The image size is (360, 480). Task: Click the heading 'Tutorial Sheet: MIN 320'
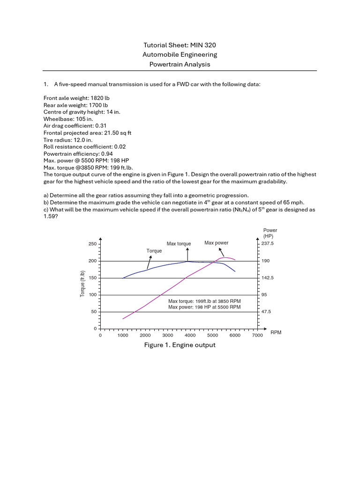point(180,45)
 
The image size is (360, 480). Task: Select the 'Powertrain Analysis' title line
point(180,64)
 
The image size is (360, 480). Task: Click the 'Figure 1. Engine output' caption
point(180,345)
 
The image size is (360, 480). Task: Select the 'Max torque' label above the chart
point(179,244)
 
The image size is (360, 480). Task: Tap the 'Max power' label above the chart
point(217,243)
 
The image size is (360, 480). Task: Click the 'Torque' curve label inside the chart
point(154,251)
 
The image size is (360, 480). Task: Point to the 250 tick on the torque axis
point(92,244)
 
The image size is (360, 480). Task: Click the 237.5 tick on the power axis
point(268,244)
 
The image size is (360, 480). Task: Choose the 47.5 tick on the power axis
point(266,311)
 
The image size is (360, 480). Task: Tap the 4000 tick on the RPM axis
point(190,336)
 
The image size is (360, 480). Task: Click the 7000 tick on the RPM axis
point(257,336)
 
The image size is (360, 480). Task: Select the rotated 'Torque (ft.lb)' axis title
point(82,284)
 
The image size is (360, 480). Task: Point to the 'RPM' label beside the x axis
point(277,332)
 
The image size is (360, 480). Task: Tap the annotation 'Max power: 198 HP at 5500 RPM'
point(204,307)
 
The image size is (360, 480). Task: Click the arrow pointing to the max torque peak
point(187,254)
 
